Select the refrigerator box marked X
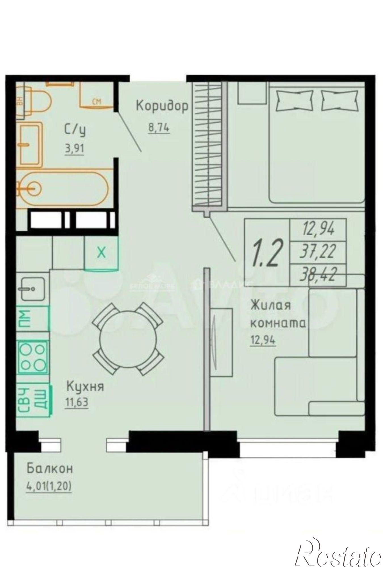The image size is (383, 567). [x=101, y=253]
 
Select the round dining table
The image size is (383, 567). [x=128, y=339]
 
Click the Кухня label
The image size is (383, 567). [x=85, y=386]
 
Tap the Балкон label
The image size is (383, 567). [x=50, y=468]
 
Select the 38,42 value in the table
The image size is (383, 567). [x=318, y=275]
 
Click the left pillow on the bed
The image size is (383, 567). [x=294, y=101]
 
